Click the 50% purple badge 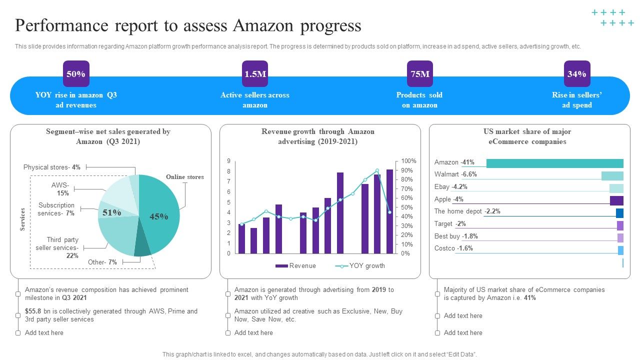pyautogui.click(x=76, y=74)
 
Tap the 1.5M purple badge pyautogui.click(x=255, y=74)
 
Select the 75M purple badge pyautogui.click(x=420, y=74)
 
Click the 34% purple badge pyautogui.click(x=577, y=74)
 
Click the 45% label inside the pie pyautogui.click(x=158, y=216)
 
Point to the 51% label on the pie pyautogui.click(x=111, y=212)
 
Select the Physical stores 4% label pyautogui.click(x=52, y=167)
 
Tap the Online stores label pyautogui.click(x=184, y=177)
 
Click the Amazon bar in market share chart pyautogui.click(x=554, y=163)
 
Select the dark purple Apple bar pyautogui.click(x=616, y=200)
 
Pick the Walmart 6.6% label pyautogui.click(x=455, y=174)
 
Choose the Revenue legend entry pyautogui.click(x=296, y=266)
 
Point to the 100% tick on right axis pyautogui.click(x=408, y=161)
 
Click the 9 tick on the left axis pyautogui.click(x=228, y=161)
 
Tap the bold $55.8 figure pyautogui.click(x=34, y=311)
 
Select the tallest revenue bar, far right pyautogui.click(x=390, y=211)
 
